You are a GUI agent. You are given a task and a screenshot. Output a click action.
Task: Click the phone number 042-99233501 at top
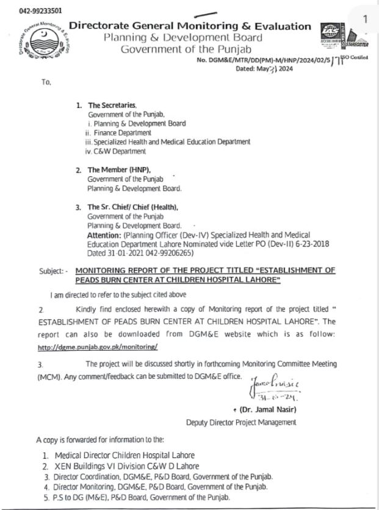[40, 11]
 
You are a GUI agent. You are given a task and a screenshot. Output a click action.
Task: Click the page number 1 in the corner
[365, 20]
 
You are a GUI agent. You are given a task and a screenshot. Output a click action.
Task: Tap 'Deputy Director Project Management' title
[241, 422]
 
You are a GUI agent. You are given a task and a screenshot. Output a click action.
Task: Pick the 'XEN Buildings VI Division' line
[121, 465]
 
